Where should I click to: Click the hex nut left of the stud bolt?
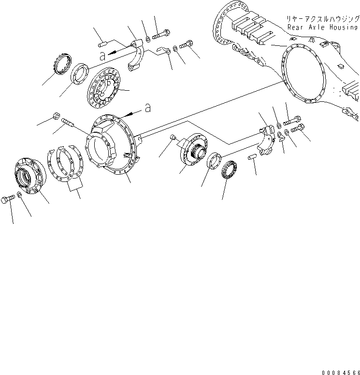tap(55, 116)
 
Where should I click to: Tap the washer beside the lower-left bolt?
tap(19, 194)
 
